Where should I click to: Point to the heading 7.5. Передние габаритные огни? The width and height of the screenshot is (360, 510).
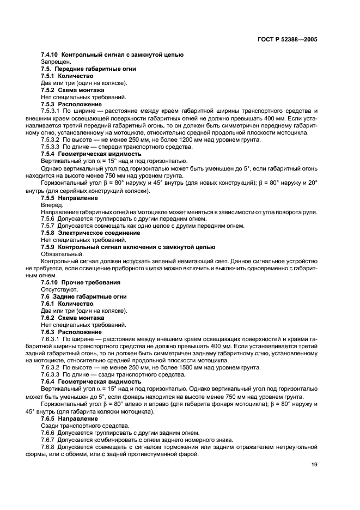[x=89, y=69]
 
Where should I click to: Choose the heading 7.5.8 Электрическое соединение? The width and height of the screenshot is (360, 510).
[x=90, y=232]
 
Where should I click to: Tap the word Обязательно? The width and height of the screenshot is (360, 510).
[x=59, y=253]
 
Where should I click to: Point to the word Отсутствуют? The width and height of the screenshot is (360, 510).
[x=59, y=289]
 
